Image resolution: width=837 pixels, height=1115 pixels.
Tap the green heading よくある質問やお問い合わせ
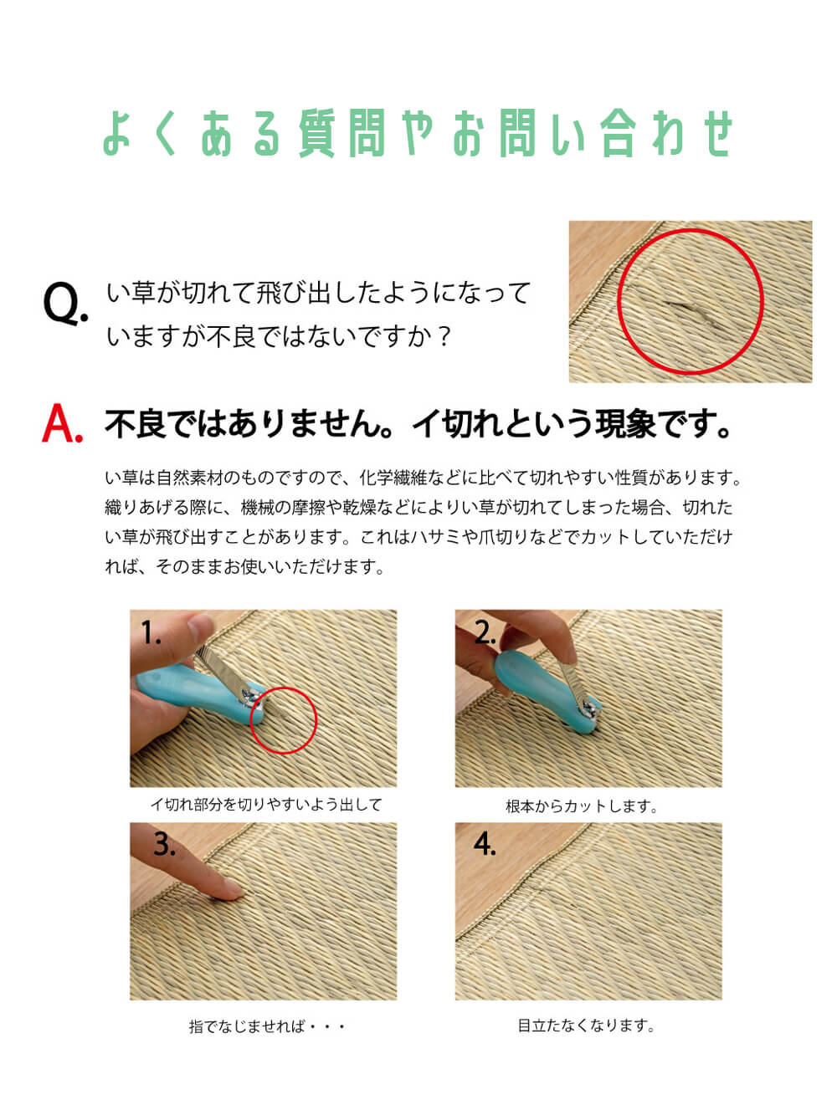[418, 133]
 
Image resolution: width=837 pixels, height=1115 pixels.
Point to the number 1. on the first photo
[151, 633]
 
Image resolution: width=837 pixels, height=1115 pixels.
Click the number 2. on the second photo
[485, 633]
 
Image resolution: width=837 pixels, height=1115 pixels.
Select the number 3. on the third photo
[165, 844]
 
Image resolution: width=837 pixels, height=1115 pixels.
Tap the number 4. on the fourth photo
[485, 844]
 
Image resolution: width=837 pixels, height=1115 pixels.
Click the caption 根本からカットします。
[582, 806]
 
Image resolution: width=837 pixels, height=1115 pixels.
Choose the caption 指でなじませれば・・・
[267, 1026]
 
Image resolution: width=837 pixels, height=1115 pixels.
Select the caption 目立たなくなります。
[586, 1025]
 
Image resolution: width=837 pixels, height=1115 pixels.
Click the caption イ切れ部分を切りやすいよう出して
[266, 805]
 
